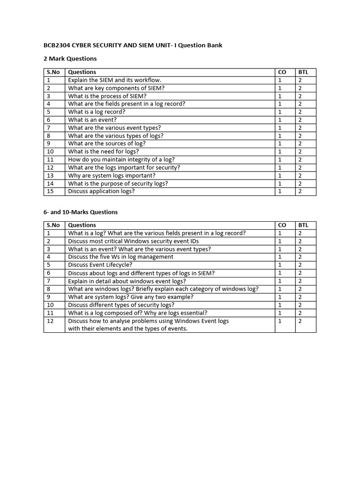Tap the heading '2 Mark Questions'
pos(70,59)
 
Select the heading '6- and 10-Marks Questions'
pos(81,212)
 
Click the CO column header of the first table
pos(282,72)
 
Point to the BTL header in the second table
pos(303,225)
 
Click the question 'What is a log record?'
pos(97,112)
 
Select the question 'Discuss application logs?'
pos(101,191)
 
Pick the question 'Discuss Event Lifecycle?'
pos(100,265)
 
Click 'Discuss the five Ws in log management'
pos(120,257)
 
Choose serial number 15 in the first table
pos(51,191)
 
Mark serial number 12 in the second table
pos(51,321)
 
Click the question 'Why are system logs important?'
pos(112,175)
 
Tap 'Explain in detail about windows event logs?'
pos(127,281)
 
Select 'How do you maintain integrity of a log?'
pos(121,159)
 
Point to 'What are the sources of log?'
pos(107,143)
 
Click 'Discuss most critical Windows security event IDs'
pos(133,241)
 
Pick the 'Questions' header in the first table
pos(82,72)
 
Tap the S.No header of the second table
pos(53,225)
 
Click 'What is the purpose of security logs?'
pos(118,183)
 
